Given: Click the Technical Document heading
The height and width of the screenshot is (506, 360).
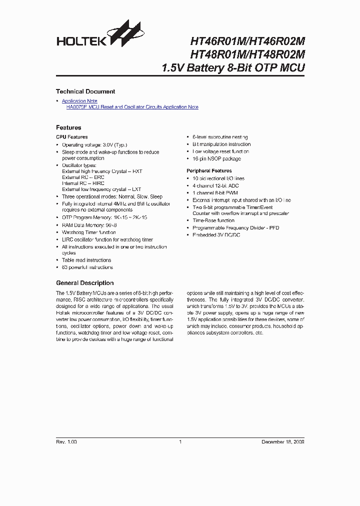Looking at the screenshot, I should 85,91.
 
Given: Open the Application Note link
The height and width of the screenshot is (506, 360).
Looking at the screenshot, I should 79,101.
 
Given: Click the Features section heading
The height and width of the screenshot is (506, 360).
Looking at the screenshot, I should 68,127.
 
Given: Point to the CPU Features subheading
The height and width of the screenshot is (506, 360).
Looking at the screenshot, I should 71,136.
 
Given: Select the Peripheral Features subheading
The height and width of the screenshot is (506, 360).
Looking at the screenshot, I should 209,171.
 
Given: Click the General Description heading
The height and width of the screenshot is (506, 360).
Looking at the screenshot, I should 84,283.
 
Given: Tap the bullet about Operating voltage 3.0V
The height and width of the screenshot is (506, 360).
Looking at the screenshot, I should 94,144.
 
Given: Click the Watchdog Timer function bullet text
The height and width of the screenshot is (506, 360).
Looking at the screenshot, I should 89,232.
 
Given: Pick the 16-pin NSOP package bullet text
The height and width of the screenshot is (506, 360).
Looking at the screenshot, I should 216,159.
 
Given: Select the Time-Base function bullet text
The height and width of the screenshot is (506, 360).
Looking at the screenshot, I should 213,220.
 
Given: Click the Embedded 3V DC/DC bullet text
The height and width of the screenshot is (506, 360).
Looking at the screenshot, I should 216,235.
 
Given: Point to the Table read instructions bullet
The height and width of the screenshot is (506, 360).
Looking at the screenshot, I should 86,260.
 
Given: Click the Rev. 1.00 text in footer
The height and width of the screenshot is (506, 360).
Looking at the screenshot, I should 66,442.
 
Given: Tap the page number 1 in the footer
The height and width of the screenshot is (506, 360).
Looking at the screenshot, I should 180,442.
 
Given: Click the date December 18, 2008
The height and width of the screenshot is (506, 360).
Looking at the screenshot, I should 283,442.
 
